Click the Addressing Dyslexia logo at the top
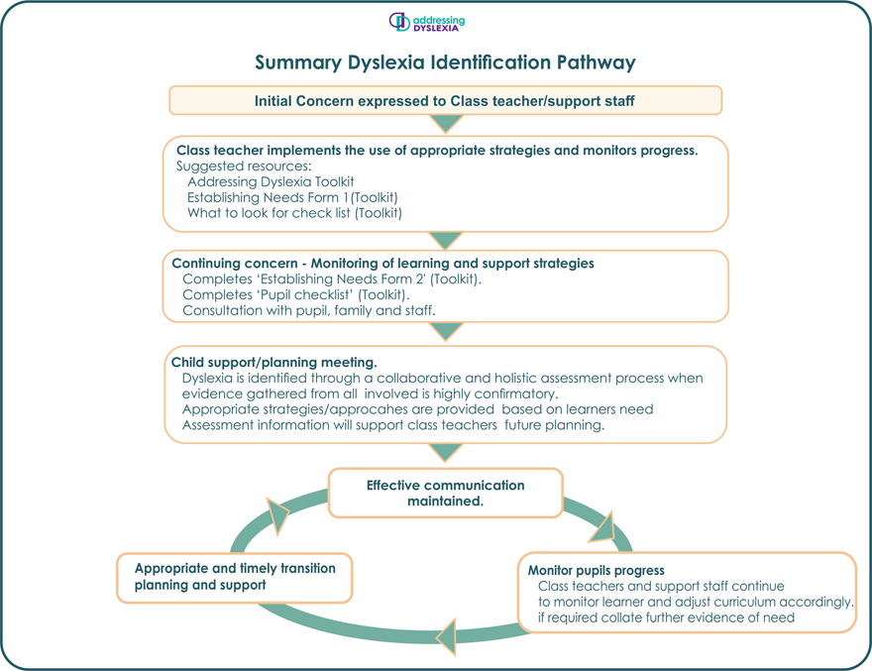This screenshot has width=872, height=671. click(x=426, y=22)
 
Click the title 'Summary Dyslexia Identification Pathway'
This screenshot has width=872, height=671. click(x=445, y=62)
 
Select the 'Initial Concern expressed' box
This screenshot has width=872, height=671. click(x=445, y=101)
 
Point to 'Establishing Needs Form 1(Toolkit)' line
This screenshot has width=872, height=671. click(x=292, y=197)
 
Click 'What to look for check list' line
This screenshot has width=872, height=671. click(x=294, y=212)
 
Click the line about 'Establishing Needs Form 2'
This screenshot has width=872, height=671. click(x=332, y=280)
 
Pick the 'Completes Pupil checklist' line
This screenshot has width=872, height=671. click(x=296, y=295)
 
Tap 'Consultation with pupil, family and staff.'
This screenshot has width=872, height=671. click(x=309, y=311)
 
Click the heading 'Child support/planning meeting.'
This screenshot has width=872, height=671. click(x=274, y=363)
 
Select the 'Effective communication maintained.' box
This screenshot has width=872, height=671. click(x=445, y=494)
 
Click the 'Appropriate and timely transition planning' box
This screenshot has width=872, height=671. click(x=235, y=577)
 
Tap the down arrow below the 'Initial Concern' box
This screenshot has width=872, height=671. click(x=446, y=124)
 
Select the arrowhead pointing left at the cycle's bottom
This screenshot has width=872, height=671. click(x=446, y=634)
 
